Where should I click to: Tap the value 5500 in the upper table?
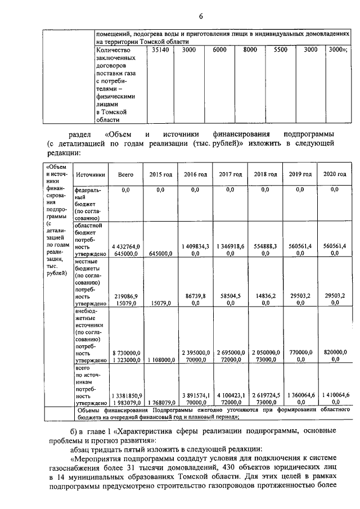coord(280,50)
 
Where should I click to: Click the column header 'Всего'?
coord(125,175)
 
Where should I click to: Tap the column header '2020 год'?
coord(335,175)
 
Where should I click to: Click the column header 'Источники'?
coord(91,175)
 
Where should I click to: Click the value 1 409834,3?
coord(196,246)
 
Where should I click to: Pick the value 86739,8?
coord(196,295)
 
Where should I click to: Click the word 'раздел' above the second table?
coord(79,135)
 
